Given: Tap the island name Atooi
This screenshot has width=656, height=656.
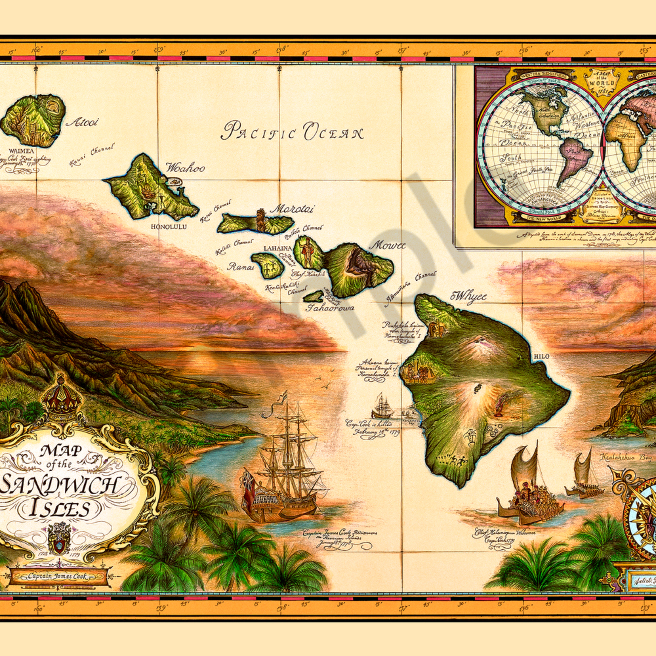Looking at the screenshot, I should (x=82, y=122).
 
